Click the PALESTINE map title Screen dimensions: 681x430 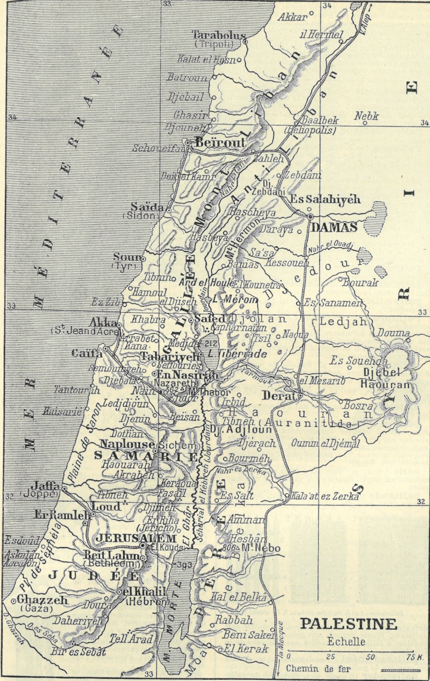[348, 624]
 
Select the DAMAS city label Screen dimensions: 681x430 [334, 228]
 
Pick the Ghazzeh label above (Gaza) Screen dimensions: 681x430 [34, 600]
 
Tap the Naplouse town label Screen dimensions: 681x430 [127, 445]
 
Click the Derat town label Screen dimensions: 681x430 [278, 396]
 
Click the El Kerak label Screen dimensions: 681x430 [246, 649]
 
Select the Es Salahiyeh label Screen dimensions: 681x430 [325, 199]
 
